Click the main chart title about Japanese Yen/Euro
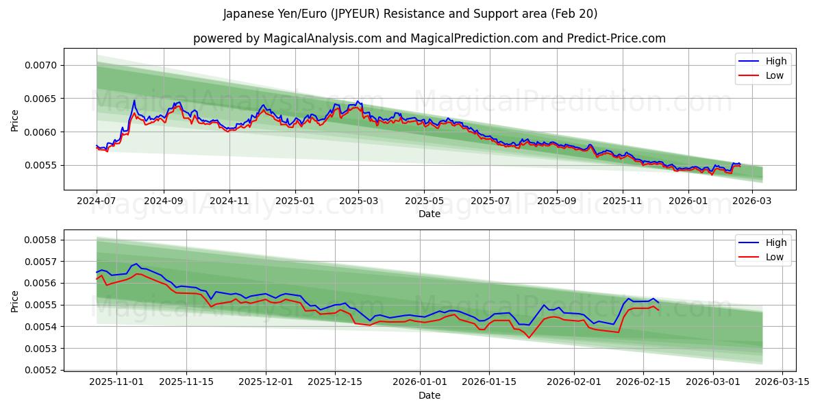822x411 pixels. (x=410, y=14)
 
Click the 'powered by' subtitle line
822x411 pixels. (x=429, y=38)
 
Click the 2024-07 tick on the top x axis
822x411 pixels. (x=97, y=201)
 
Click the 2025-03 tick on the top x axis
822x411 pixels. (x=358, y=201)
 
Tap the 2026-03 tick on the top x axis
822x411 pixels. (x=752, y=201)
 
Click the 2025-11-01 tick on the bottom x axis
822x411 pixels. (x=116, y=382)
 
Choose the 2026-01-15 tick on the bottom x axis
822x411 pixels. (x=489, y=382)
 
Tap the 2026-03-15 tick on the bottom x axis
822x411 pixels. (x=782, y=382)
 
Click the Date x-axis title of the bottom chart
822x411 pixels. (x=429, y=395)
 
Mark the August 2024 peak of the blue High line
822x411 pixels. (x=134, y=101)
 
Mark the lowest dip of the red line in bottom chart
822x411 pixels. (x=529, y=337)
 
